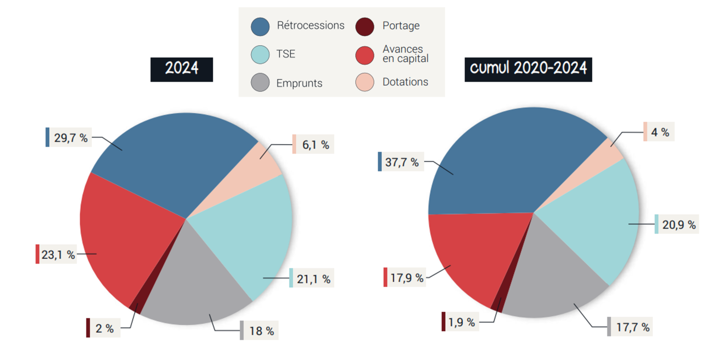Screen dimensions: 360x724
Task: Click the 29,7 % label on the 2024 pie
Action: coord(71,137)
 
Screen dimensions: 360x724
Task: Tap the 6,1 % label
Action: coord(315,145)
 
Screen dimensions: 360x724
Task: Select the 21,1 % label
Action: coord(313,279)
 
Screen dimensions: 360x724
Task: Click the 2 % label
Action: coord(105,328)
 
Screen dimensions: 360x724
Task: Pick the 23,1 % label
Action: coord(58,254)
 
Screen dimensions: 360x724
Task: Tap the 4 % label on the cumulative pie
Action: coord(660,132)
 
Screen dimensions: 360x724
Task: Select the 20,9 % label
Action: coord(679,225)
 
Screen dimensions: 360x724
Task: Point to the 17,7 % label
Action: coord(632,327)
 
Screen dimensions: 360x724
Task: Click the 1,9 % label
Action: coord(462,322)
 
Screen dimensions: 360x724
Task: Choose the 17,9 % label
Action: coord(407,278)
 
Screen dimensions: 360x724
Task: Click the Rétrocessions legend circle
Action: coord(260,27)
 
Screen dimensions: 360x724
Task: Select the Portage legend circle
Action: coord(365,27)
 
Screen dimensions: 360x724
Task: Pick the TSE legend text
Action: coord(286,54)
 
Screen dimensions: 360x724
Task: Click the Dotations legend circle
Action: coord(365,82)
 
